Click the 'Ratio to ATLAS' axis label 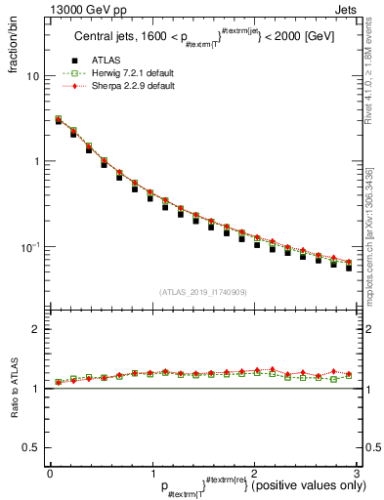[x=13, y=388]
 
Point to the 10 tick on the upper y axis [x=34, y=76]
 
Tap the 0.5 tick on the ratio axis [x=32, y=447]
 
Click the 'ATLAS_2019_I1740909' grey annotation [x=202, y=292]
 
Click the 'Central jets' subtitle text [x=107, y=37]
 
